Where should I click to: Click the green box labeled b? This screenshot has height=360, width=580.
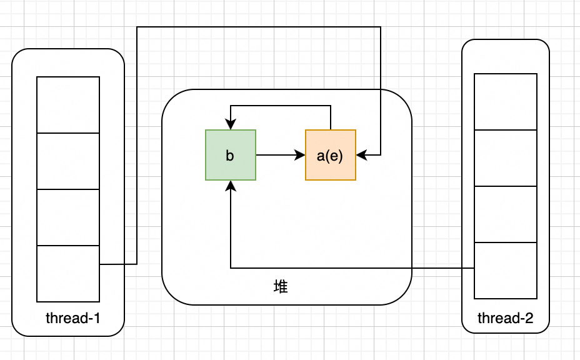tap(231, 155)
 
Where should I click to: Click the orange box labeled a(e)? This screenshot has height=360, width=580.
tap(331, 155)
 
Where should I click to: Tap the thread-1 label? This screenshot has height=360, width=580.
tap(73, 318)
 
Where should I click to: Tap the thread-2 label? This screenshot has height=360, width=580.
tap(505, 318)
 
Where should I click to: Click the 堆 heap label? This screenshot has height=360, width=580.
tap(281, 287)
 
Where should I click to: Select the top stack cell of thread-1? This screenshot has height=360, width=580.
tap(68, 105)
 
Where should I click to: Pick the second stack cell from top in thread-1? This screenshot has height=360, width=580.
tap(68, 161)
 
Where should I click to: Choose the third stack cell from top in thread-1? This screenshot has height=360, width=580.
tap(68, 217)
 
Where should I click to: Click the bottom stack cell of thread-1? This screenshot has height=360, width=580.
tap(68, 274)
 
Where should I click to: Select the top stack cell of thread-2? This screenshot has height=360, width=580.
tap(506, 102)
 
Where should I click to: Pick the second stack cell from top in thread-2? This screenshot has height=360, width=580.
tap(506, 158)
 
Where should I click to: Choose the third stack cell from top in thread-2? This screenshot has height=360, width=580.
tap(506, 214)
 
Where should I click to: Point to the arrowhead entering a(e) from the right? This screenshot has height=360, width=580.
tap(361, 155)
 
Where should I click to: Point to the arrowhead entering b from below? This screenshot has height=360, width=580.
tap(231, 185)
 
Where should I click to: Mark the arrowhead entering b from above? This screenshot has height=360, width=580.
tap(231, 126)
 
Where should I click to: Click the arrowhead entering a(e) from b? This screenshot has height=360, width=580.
tap(301, 155)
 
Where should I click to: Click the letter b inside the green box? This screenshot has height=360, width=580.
tap(230, 156)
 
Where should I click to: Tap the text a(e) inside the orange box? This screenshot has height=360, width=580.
tap(330, 156)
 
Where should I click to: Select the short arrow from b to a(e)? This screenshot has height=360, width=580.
tap(278, 155)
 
